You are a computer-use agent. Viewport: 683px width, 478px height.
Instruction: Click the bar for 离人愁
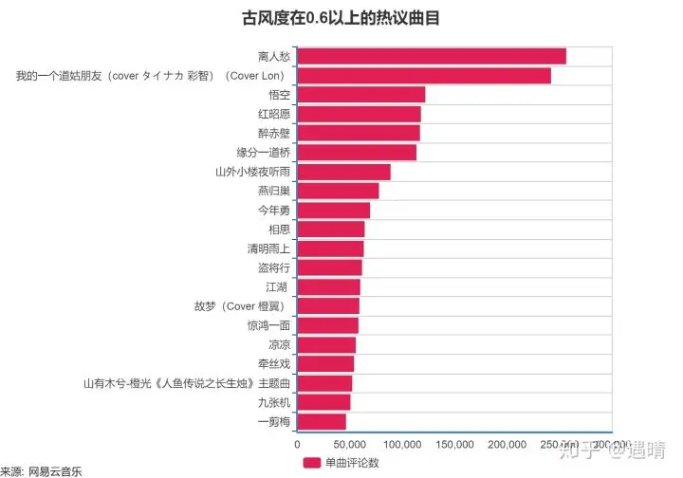click(x=432, y=56)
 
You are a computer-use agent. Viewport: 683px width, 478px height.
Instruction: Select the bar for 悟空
click(x=361, y=94)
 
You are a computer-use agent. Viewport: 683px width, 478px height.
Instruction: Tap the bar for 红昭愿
click(x=360, y=114)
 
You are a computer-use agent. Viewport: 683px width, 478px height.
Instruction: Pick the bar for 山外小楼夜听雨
click(x=344, y=172)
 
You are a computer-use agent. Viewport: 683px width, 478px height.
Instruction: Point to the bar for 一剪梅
click(x=323, y=421)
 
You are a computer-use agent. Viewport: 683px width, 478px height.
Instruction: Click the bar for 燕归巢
click(x=339, y=191)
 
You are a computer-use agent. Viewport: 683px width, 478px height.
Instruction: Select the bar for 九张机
click(x=324, y=402)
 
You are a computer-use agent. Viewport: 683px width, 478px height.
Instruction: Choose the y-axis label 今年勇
click(x=274, y=210)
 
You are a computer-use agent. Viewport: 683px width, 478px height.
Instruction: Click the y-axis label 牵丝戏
click(x=274, y=363)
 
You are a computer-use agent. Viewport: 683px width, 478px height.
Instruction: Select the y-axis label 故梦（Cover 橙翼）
click(x=241, y=306)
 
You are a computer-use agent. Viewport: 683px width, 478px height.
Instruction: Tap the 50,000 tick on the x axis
click(x=350, y=444)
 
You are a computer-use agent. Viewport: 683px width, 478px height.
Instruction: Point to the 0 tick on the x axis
click(x=298, y=444)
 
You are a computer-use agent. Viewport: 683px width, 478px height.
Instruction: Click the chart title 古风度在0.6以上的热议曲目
click(x=341, y=17)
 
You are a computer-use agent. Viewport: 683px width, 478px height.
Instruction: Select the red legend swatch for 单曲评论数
click(x=311, y=463)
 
